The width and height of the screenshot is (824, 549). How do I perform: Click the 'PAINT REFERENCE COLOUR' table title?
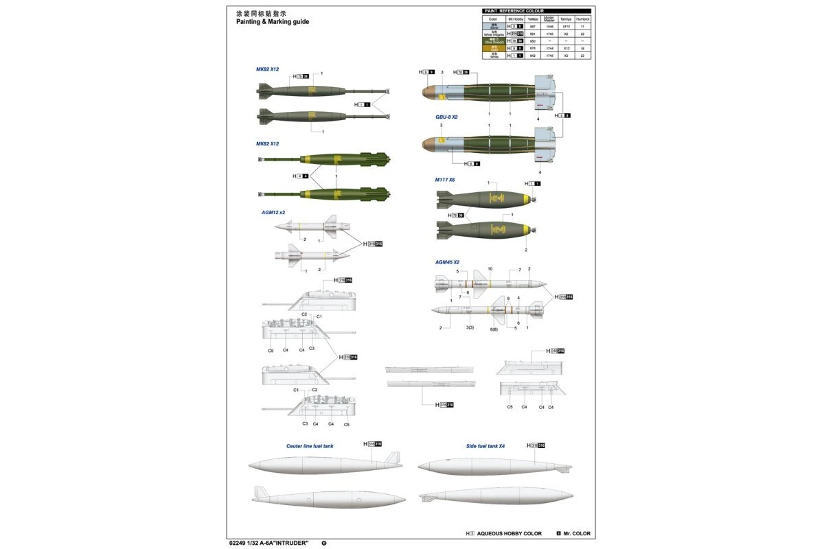514,11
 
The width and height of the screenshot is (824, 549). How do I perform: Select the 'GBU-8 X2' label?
446,117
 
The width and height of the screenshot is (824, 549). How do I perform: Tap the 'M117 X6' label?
444,180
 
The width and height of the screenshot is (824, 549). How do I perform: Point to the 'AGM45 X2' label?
447,262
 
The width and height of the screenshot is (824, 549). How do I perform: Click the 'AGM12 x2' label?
273,212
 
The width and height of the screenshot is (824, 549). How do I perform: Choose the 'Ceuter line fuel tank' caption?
310,446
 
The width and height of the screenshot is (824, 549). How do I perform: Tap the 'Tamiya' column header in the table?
565,19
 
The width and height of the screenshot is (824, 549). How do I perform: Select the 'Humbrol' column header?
583,19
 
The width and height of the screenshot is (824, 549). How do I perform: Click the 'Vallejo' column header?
523,19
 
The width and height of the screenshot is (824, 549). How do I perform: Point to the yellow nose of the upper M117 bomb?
527,200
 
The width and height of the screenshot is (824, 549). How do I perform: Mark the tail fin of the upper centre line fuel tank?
391,458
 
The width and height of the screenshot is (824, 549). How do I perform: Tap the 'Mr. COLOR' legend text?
577,533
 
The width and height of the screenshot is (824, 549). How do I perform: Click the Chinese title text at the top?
260,13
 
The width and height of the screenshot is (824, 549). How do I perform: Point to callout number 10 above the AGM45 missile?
490,269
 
